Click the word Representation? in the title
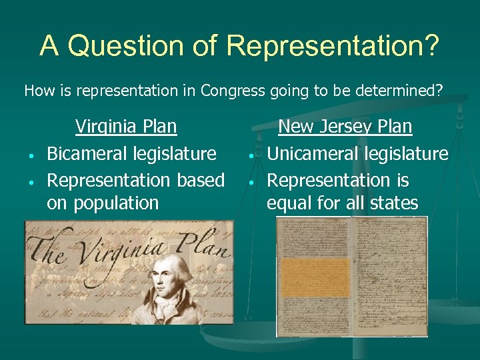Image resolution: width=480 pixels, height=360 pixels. point(333,45)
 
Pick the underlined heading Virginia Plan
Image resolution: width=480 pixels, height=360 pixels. point(126,126)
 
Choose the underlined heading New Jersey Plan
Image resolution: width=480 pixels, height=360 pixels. point(345,126)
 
